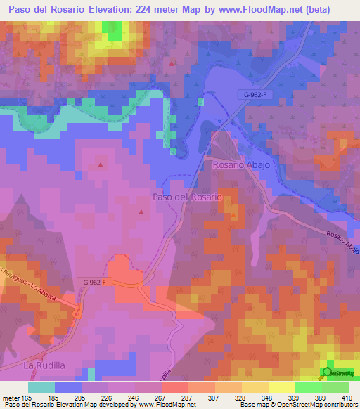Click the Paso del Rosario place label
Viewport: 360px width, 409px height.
[187, 197]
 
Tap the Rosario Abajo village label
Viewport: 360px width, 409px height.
[241, 164]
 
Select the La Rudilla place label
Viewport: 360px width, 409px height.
[44, 365]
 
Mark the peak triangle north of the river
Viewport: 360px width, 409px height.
[172, 63]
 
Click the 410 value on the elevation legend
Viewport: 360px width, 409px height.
[347, 397]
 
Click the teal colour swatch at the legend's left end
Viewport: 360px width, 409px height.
[41, 387]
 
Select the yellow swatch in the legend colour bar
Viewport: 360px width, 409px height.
[281, 387]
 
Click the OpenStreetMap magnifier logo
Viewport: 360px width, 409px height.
[328, 372]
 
